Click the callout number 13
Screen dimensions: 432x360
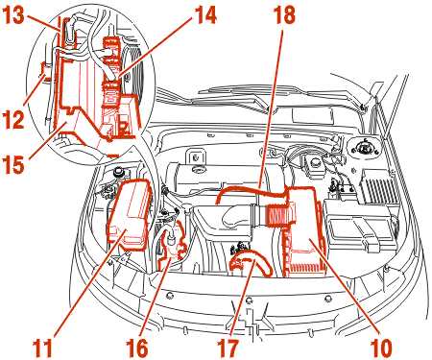tap(13, 15)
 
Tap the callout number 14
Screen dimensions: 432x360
tap(205, 15)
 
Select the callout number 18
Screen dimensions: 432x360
tap(284, 15)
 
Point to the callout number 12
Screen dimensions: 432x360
tap(13, 119)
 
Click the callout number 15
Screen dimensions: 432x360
tap(13, 165)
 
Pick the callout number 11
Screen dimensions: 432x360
tap(42, 348)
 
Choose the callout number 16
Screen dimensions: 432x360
tap(137, 348)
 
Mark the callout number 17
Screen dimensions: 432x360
tap(228, 348)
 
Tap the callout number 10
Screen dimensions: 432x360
tap(381, 348)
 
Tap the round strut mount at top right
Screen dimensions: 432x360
tap(364, 148)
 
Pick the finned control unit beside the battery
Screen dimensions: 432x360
tap(379, 186)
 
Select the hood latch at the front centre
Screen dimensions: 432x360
tap(252, 317)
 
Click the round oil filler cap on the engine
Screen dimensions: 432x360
tap(199, 169)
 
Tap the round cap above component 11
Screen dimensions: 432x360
tap(118, 172)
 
